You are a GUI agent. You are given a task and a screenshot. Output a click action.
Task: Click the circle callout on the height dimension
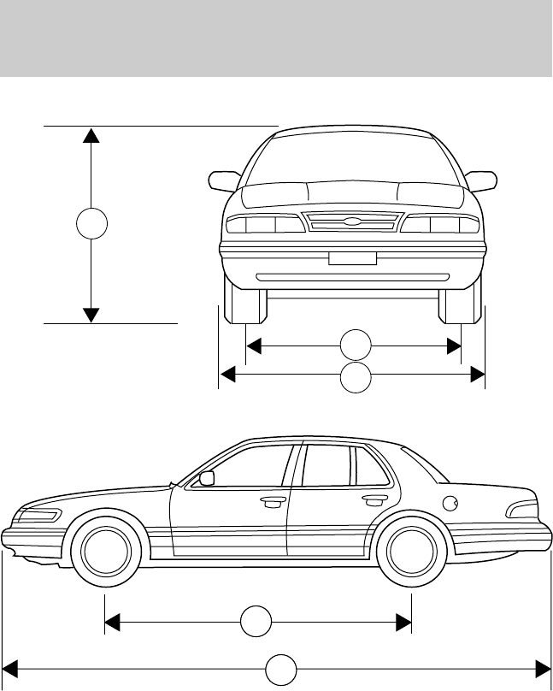[x=91, y=224]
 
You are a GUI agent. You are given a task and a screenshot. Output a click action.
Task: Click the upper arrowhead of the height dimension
[x=91, y=134]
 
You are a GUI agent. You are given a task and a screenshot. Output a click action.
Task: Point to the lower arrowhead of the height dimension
[x=91, y=316]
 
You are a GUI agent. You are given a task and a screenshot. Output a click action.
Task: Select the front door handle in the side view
[x=274, y=502]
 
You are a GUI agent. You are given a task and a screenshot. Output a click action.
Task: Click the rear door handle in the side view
[x=374, y=499]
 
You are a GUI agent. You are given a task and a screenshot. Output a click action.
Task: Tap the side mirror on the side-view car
[x=206, y=478]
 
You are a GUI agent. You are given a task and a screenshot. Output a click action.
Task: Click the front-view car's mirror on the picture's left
[x=225, y=180]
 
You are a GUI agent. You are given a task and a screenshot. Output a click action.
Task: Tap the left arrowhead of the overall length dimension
[x=11, y=668]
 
